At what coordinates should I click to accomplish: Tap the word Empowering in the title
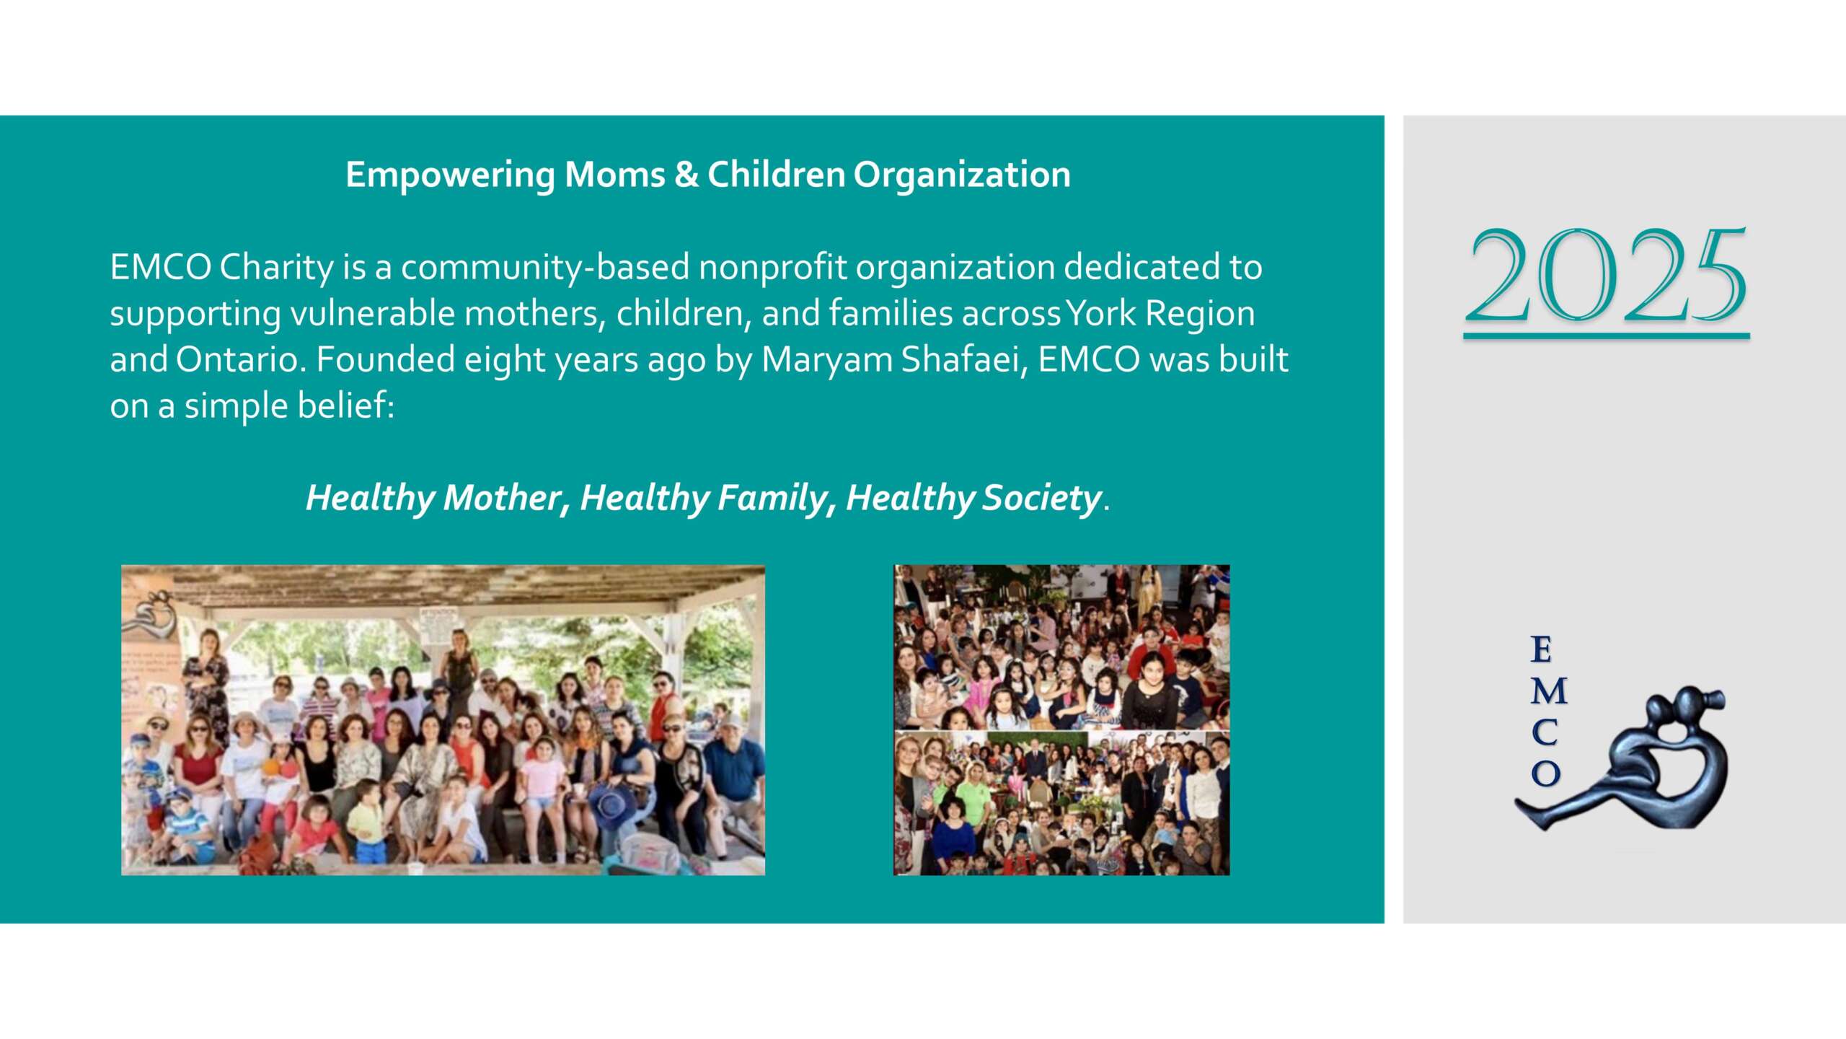coord(450,175)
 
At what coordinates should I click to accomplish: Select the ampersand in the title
coord(686,175)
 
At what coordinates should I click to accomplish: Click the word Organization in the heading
coord(962,175)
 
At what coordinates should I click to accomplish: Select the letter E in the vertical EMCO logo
coord(1541,650)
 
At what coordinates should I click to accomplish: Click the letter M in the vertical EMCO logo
coord(1548,692)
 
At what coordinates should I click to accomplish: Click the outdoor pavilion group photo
coord(443,720)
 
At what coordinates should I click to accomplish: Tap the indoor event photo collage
coord(1061,720)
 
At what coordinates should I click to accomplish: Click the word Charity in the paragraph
coord(276,268)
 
